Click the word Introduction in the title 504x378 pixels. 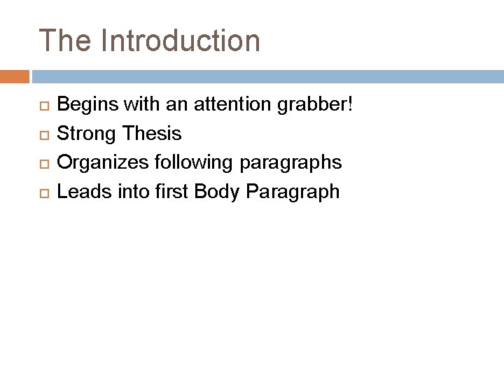181,41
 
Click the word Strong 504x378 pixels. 85,134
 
